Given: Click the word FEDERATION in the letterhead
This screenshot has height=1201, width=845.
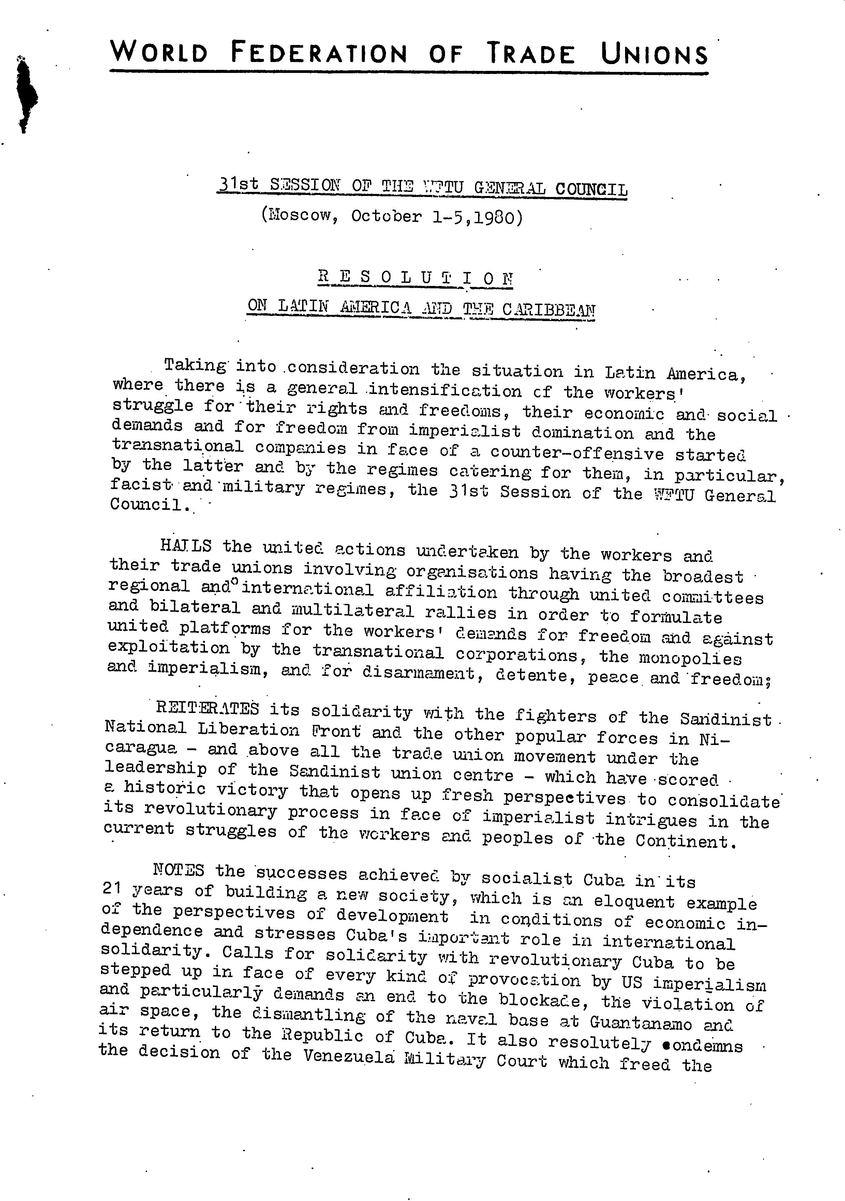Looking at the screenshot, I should (x=318, y=54).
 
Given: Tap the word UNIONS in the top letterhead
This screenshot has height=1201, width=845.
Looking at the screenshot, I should (x=654, y=55).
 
